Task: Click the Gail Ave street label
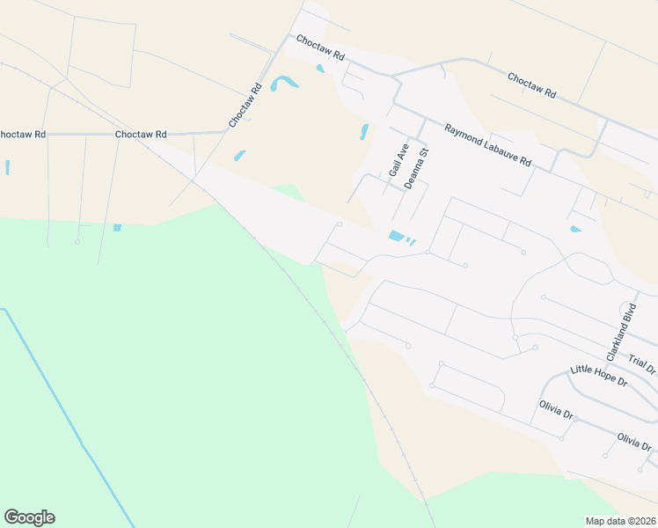coord(398,159)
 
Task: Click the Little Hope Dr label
coord(598,377)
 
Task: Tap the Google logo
coord(29,517)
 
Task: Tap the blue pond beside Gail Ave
coord(363,132)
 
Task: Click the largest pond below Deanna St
coord(396,236)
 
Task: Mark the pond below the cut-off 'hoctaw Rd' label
coord(7,166)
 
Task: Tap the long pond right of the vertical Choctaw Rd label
coord(283,84)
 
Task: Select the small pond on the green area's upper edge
coord(117,228)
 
